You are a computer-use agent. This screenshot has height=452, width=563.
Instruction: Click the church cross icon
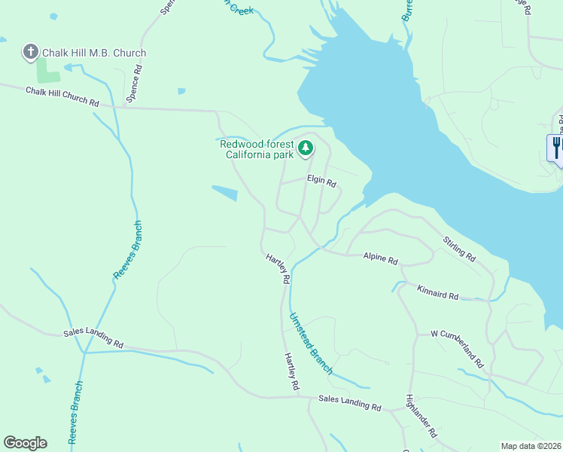tap(30, 52)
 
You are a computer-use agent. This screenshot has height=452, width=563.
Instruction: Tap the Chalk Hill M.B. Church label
tap(94, 53)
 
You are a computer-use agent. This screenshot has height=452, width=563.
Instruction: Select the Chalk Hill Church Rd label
tap(62, 96)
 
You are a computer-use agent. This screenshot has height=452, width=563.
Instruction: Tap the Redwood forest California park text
tap(256, 149)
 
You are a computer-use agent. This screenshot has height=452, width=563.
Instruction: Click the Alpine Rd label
tap(380, 258)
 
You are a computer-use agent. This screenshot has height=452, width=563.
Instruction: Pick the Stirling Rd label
tap(459, 249)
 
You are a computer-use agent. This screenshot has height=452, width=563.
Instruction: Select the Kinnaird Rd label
tap(437, 292)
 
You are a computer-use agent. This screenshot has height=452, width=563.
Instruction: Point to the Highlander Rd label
tap(421, 417)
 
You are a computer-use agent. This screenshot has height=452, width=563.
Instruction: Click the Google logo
tap(25, 443)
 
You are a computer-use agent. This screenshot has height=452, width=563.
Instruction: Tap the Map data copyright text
tap(531, 446)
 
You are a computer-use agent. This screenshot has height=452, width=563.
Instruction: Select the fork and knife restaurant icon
tap(556, 146)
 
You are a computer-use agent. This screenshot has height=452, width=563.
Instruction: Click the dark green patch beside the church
tap(47, 72)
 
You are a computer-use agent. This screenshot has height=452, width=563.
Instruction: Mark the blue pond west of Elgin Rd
tap(224, 194)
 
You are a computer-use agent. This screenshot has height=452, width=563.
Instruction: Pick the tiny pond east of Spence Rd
tap(181, 91)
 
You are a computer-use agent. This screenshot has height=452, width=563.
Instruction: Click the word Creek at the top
tap(241, 10)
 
